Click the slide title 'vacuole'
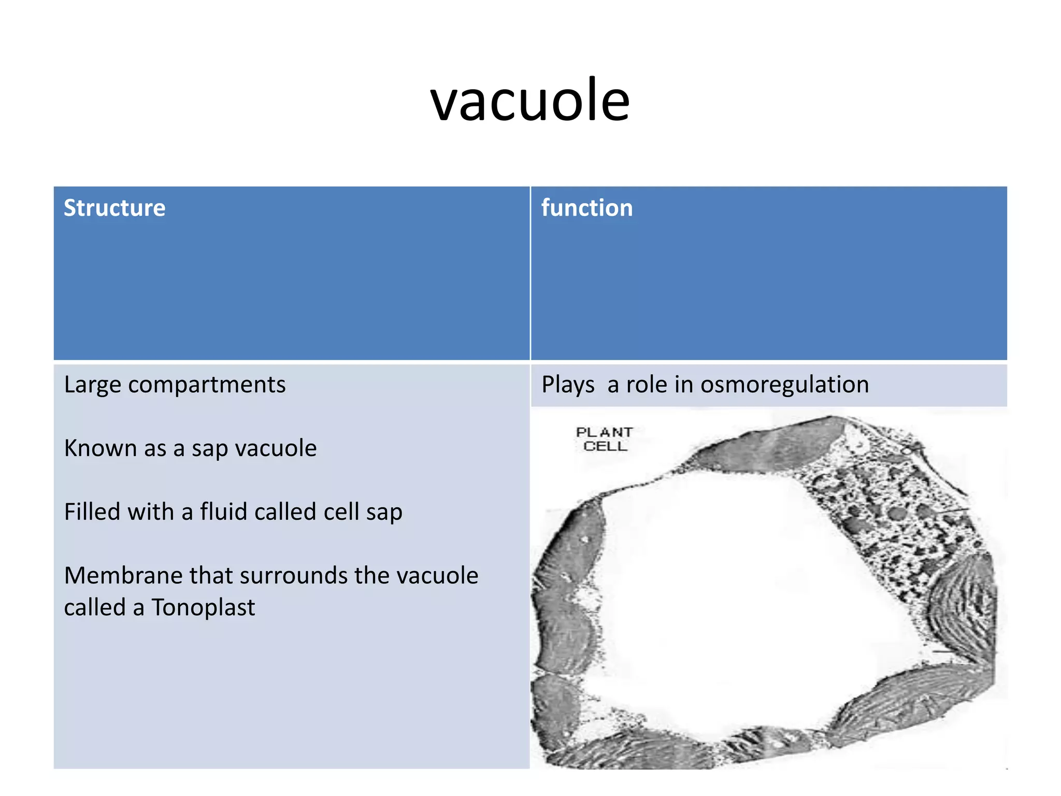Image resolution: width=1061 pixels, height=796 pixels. pyautogui.click(x=530, y=99)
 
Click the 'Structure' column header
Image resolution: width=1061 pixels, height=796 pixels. pyautogui.click(x=114, y=208)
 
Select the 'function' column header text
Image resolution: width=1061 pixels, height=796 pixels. pyautogui.click(x=587, y=208)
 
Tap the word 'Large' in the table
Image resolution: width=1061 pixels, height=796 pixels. pyautogui.click(x=92, y=385)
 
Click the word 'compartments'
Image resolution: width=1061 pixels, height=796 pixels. pyautogui.click(x=207, y=385)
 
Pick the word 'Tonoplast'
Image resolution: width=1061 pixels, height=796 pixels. pyautogui.click(x=203, y=607)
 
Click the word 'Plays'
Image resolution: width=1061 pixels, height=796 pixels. pyautogui.click(x=568, y=385)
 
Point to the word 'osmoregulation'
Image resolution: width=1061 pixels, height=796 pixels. pyautogui.click(x=784, y=385)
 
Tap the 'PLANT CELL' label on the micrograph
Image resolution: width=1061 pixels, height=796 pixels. pyautogui.click(x=605, y=439)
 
